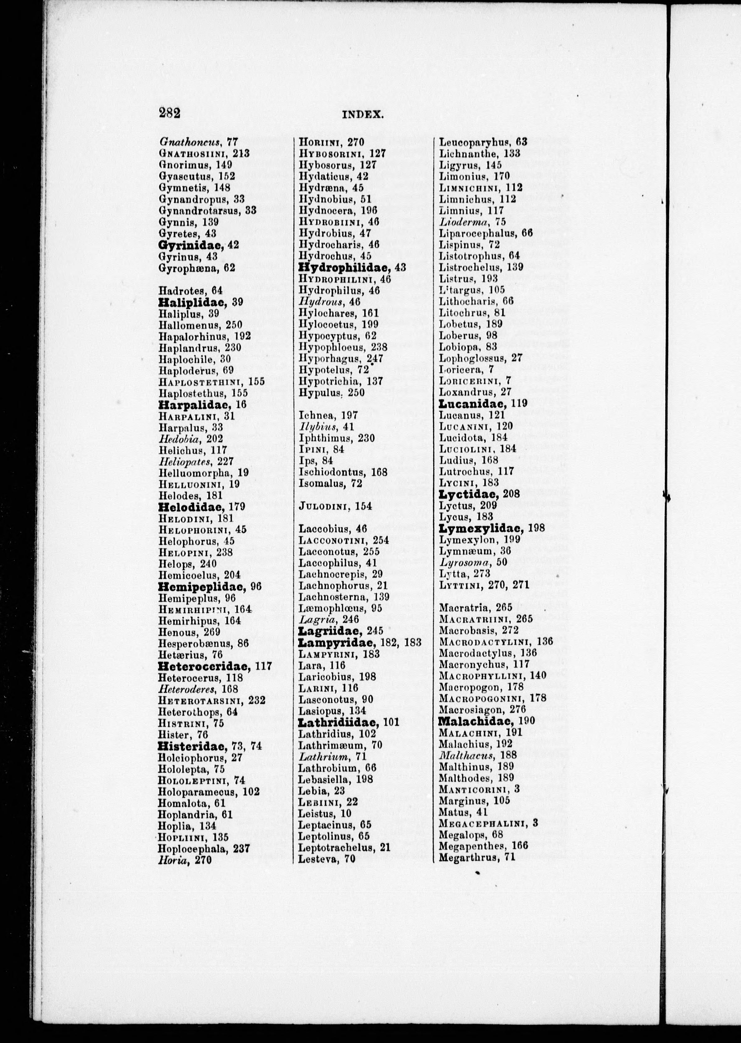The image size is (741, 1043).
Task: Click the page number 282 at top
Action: pyautogui.click(x=169, y=112)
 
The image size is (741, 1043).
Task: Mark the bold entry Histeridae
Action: pyautogui.click(x=192, y=746)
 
